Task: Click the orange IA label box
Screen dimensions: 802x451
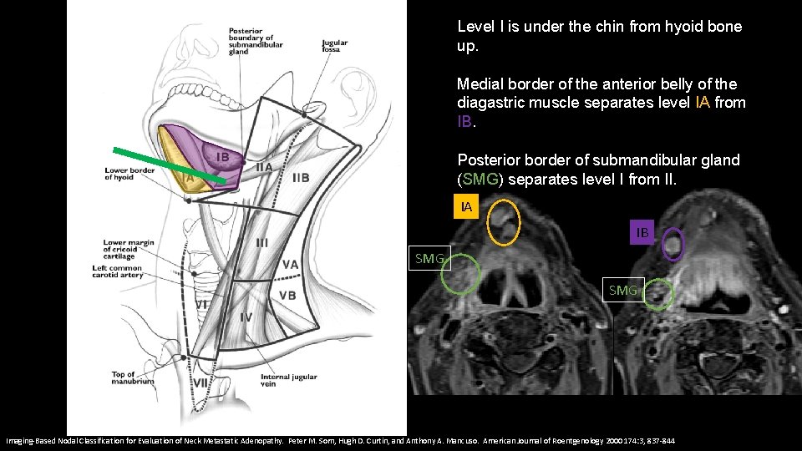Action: [x=466, y=206]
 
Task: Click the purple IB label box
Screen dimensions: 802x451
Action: [x=642, y=231]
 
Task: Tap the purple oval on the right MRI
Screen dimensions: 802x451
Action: [x=673, y=246]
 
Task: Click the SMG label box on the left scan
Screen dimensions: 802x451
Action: [x=429, y=259]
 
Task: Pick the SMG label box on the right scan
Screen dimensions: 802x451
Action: [x=623, y=290]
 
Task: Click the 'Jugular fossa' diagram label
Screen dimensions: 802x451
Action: [x=336, y=46]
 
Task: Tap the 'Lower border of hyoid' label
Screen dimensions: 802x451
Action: [x=130, y=173]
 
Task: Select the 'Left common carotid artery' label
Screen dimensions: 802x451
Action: [x=119, y=272]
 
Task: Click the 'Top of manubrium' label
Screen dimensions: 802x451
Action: [x=132, y=377]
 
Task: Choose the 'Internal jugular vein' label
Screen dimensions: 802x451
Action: [x=288, y=380]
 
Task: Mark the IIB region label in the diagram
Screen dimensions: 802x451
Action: [x=301, y=177]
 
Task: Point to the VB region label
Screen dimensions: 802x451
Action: [x=287, y=295]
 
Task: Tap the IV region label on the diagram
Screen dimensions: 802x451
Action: [x=246, y=317]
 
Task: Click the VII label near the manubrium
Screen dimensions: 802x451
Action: [x=200, y=383]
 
